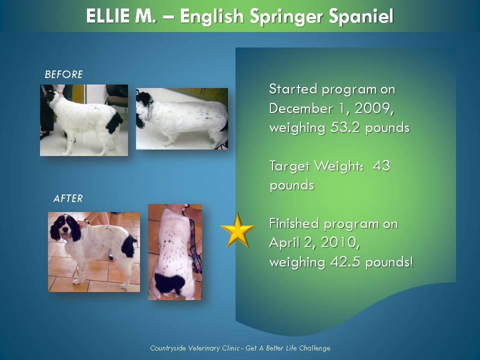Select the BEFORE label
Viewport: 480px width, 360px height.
[63, 74]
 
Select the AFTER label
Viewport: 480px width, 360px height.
[68, 198]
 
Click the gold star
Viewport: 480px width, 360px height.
[237, 230]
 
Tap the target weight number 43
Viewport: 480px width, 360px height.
[381, 166]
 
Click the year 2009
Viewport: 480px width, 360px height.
[373, 109]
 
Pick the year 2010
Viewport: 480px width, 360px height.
[339, 243]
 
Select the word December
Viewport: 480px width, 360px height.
[301, 108]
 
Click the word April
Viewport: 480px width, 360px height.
[284, 243]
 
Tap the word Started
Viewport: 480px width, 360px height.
[293, 89]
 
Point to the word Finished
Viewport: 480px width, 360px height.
[294, 223]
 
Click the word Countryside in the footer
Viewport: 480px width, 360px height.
[168, 348]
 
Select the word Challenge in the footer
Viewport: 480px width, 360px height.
[314, 348]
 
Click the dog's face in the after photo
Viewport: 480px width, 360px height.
[65, 228]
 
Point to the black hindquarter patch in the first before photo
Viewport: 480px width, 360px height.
[114, 122]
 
